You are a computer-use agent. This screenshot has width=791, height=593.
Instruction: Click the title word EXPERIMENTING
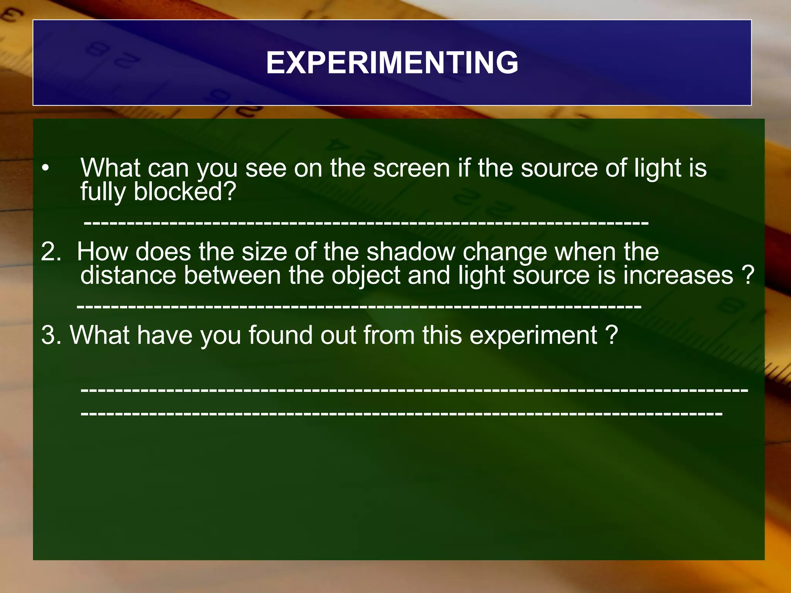392,63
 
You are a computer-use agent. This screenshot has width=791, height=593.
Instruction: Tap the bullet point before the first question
46,169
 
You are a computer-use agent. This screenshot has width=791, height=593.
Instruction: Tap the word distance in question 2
128,275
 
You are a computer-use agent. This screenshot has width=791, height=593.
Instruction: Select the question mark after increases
748,275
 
